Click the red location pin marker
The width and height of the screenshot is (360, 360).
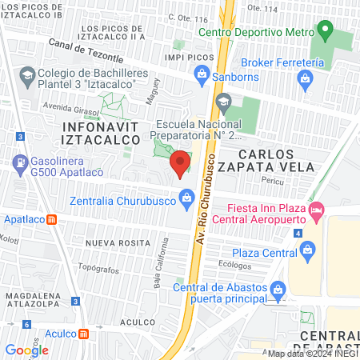[180, 163]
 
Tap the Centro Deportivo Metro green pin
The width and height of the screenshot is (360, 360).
[324, 32]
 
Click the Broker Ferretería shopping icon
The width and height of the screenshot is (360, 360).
[305, 78]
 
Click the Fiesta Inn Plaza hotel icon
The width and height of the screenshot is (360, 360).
[316, 210]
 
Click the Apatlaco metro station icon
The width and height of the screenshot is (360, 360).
[50, 219]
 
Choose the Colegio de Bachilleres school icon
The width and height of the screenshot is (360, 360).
[26, 75]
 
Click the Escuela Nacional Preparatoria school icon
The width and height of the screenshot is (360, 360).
[223, 101]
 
